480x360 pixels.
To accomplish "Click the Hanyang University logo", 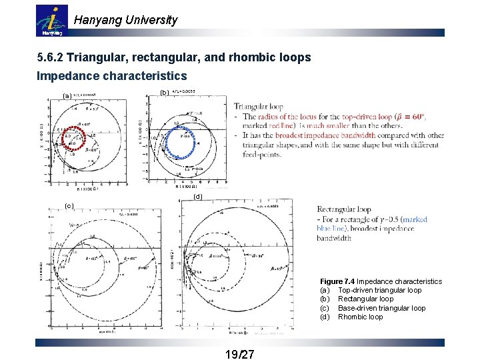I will [51, 21].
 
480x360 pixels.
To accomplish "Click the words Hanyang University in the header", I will [126, 20].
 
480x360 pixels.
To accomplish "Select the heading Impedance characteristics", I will [111, 76].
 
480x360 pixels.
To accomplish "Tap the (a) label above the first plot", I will [66, 96].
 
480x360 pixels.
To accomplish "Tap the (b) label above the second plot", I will [165, 93].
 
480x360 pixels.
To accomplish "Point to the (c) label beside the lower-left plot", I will [69, 205].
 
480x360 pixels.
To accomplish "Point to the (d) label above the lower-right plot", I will [197, 197].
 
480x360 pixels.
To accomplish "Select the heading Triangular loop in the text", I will [259, 106].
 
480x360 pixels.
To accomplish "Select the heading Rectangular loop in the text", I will [344, 209].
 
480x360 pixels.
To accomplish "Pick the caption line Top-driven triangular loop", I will [379, 290].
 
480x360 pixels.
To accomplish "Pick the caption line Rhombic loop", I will [360, 317].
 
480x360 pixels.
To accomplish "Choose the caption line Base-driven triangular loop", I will [381, 308].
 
